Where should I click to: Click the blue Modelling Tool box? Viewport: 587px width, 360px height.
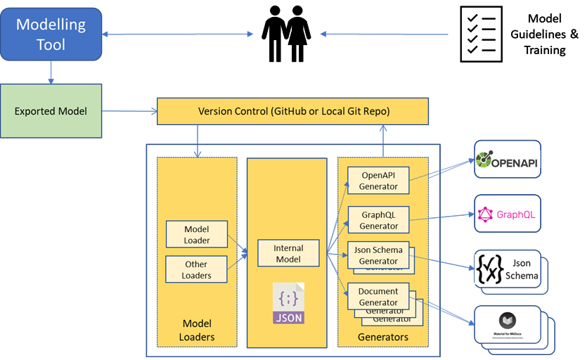pos(51,34)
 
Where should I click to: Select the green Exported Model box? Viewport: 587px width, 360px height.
pos(51,111)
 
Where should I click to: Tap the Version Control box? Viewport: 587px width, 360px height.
pos(293,112)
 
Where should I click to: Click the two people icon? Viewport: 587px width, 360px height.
pos(287,34)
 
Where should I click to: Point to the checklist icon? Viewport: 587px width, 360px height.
pos(482,34)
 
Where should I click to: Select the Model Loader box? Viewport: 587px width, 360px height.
pos(197,234)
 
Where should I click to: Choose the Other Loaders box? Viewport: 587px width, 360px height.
pos(197,269)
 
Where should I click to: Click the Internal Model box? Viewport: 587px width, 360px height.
pos(288,253)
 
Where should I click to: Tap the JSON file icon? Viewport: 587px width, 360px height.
pos(288,303)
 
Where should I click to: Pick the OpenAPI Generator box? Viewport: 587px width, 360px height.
pos(379,181)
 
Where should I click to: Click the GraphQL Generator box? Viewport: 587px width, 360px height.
pos(379,220)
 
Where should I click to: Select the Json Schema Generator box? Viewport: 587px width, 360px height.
pos(378,255)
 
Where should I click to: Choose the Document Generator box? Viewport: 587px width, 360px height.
pos(378,296)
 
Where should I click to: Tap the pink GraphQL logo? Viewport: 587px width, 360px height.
pos(507,214)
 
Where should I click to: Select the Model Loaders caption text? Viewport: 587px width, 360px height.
pos(198,330)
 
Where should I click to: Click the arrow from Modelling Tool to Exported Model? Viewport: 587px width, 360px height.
pos(51,71)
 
